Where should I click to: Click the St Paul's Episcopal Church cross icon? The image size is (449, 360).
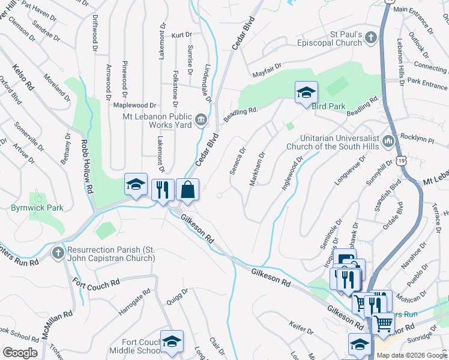coord(372,38)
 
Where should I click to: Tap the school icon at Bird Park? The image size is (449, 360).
coord(306,92)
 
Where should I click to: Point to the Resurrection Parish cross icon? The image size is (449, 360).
coord(58,251)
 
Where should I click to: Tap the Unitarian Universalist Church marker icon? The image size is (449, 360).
coord(387,142)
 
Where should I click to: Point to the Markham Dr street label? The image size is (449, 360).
coord(256,169)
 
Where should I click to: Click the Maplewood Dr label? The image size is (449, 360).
coord(134,105)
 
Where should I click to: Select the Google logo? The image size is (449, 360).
coord(20,353)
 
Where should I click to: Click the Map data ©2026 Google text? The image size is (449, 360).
coord(412,355)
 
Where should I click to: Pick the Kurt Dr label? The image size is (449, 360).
coord(180,35)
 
